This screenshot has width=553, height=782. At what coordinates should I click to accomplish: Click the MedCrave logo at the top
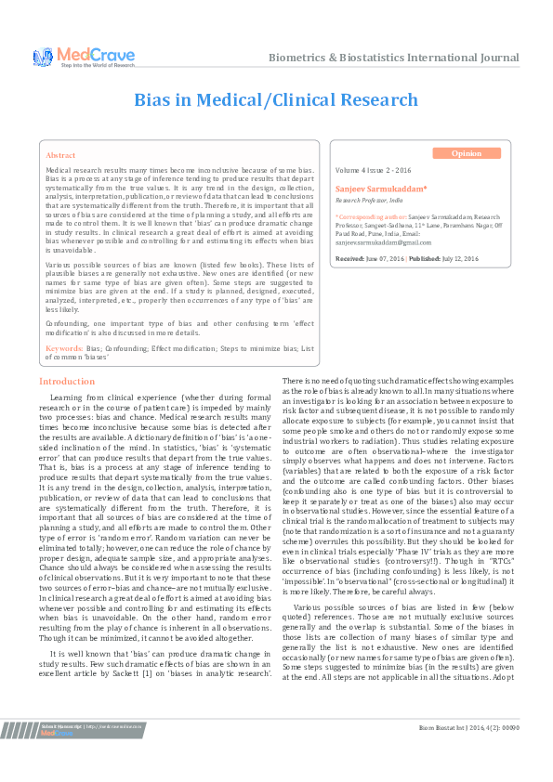83,56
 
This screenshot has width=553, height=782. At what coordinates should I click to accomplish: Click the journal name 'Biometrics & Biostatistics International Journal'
393,58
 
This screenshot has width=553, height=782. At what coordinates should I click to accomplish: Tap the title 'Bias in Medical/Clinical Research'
276,99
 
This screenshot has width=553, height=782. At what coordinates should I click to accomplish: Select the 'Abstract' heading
60,156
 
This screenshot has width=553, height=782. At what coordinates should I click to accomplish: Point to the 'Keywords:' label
64,346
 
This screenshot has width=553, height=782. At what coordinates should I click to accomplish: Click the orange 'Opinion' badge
466,153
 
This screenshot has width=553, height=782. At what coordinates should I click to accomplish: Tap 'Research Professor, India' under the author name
371,200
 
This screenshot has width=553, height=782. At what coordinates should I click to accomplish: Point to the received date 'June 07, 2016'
385,257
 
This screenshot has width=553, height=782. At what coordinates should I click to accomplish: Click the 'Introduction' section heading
67,382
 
